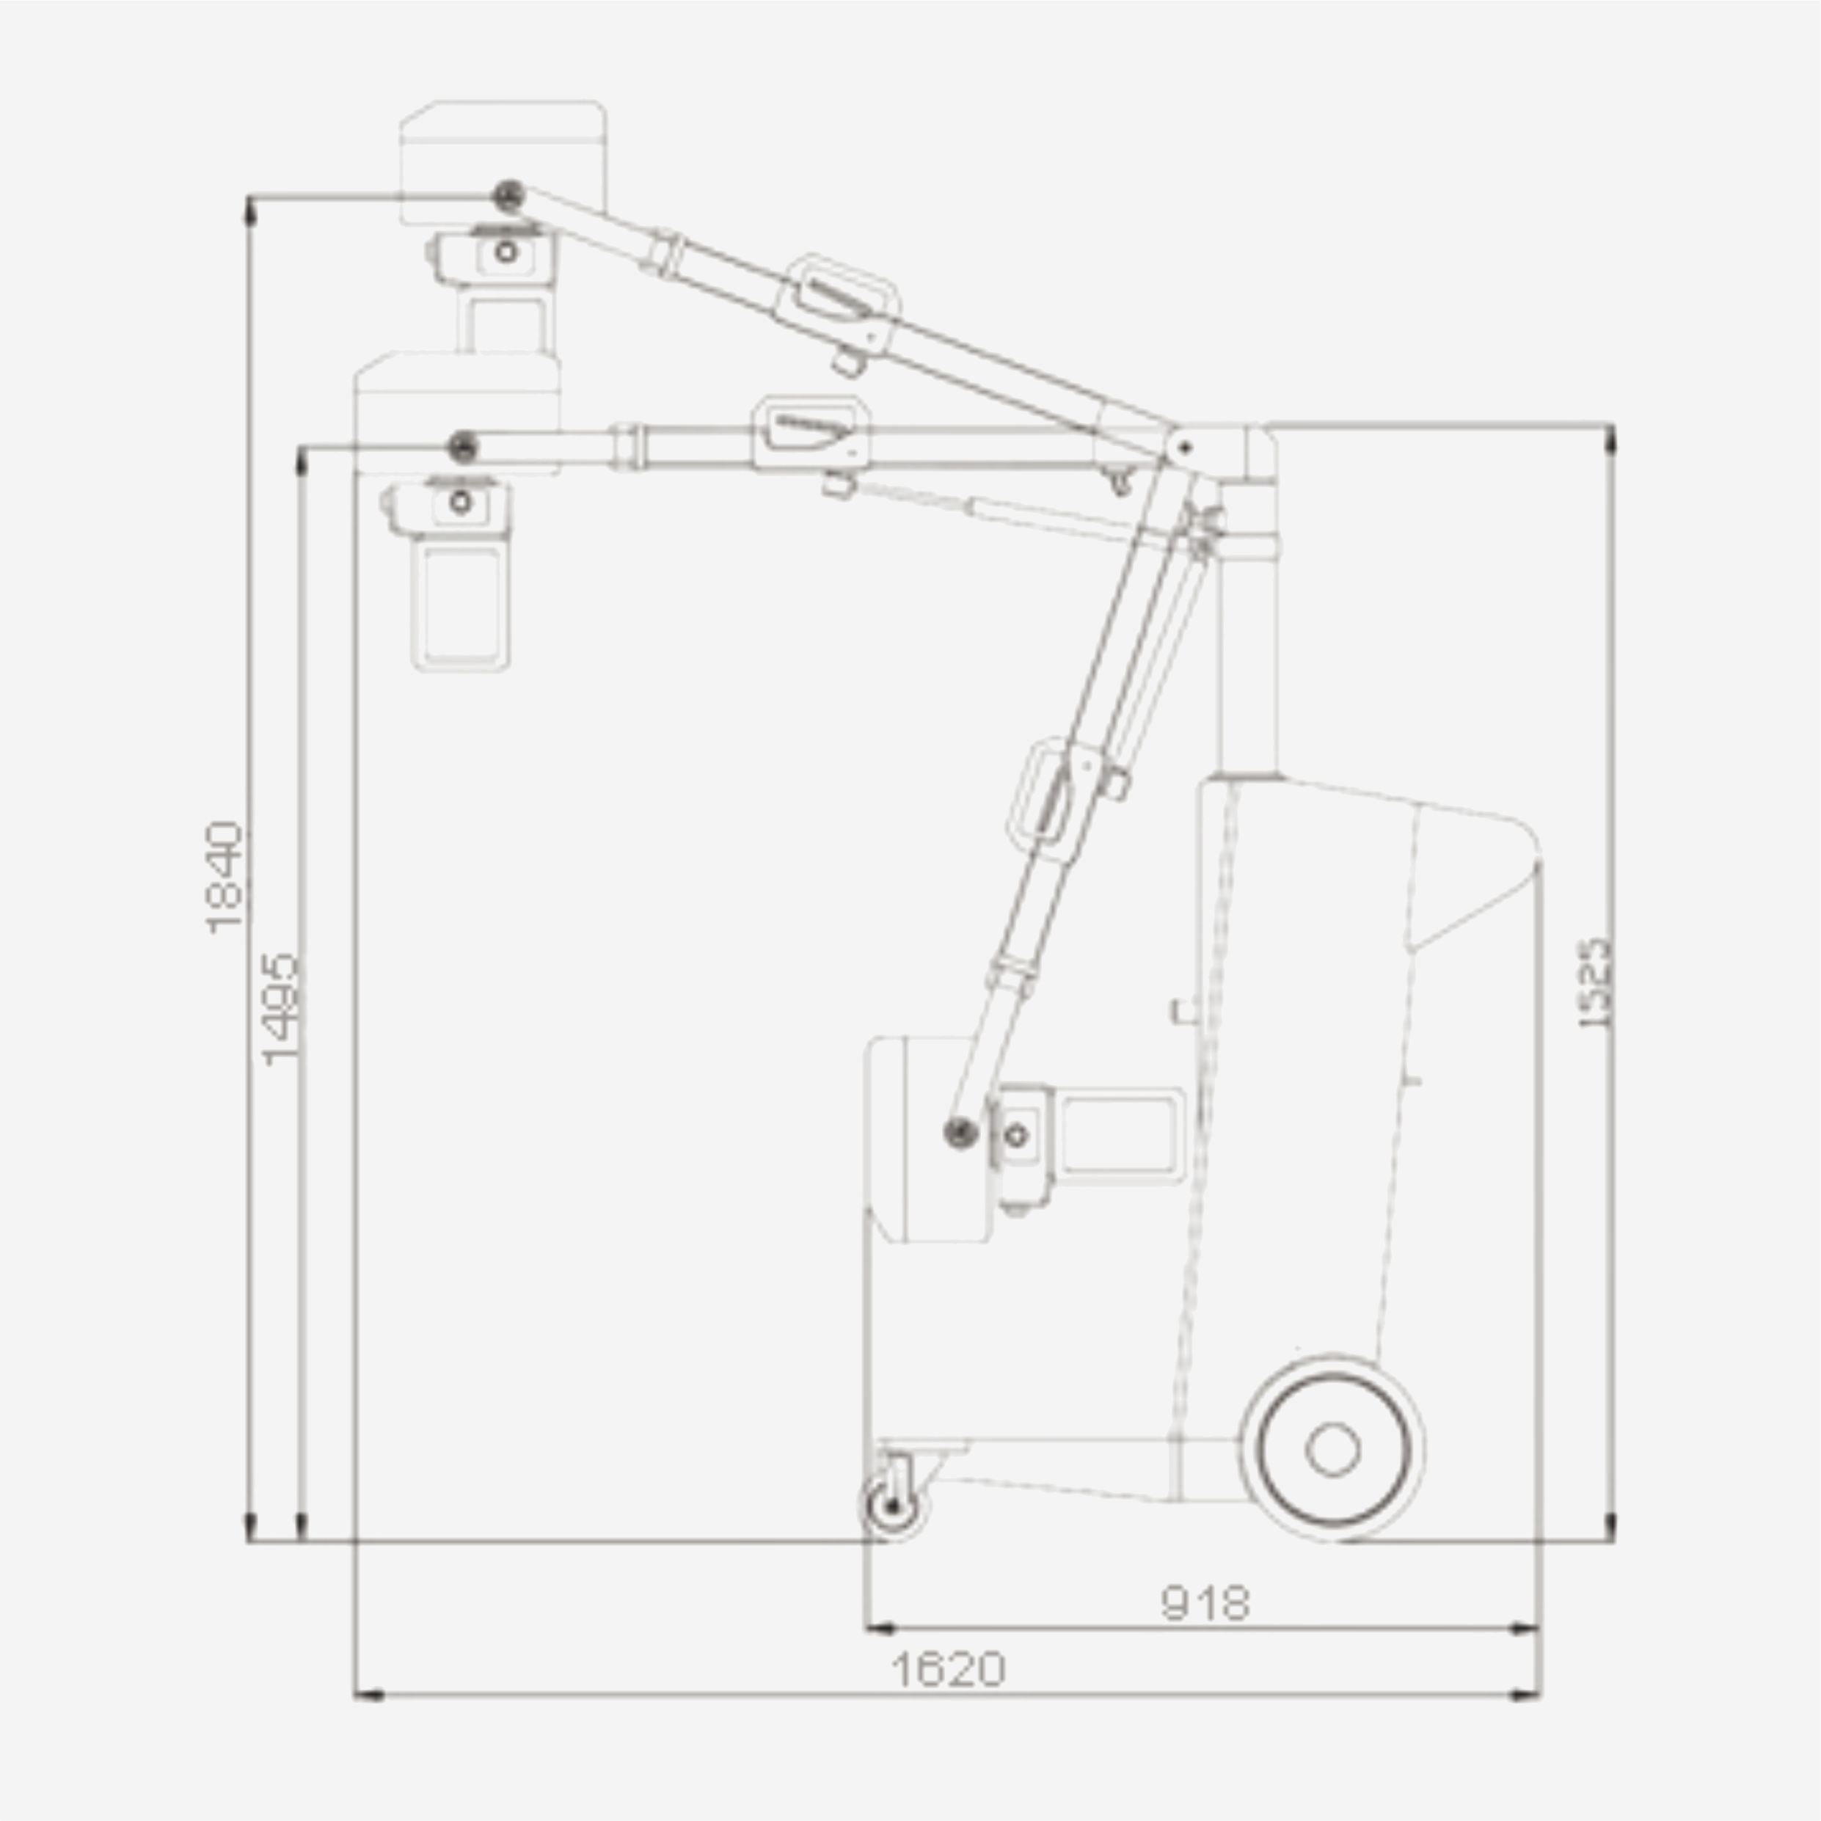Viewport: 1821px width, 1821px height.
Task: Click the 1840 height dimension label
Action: click(225, 877)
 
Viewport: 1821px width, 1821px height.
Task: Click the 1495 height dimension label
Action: click(280, 1010)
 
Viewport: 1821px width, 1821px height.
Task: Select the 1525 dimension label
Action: click(1595, 982)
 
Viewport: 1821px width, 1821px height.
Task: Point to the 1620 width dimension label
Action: click(948, 1670)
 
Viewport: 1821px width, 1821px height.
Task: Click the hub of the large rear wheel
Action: click(1333, 1450)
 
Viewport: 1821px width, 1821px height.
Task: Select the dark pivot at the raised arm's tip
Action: click(509, 196)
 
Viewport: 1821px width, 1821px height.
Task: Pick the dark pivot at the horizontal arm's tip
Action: click(463, 447)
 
